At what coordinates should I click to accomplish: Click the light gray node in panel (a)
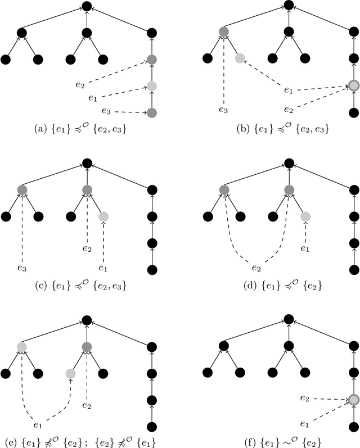151,86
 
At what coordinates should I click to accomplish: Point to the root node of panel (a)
86,6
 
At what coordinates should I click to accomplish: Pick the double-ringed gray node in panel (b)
353,85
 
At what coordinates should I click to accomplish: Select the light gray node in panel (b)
240,58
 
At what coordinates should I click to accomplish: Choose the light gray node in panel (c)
103,216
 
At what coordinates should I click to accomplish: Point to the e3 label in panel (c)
21,261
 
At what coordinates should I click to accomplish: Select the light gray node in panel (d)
305,216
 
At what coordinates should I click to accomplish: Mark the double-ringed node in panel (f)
353,400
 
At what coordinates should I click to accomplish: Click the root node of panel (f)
288,320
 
